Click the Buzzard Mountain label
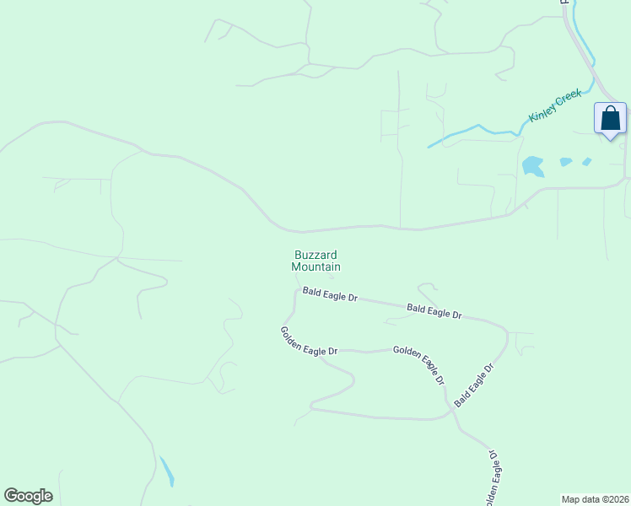(x=316, y=260)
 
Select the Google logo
(x=28, y=496)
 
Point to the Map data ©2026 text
(x=595, y=499)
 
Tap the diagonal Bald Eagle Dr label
(x=473, y=385)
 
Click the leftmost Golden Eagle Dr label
(x=309, y=341)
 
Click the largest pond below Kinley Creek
(x=532, y=165)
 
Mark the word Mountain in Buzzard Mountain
(x=316, y=266)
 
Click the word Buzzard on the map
(x=316, y=254)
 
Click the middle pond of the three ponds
(x=566, y=162)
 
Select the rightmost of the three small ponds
(x=586, y=161)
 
